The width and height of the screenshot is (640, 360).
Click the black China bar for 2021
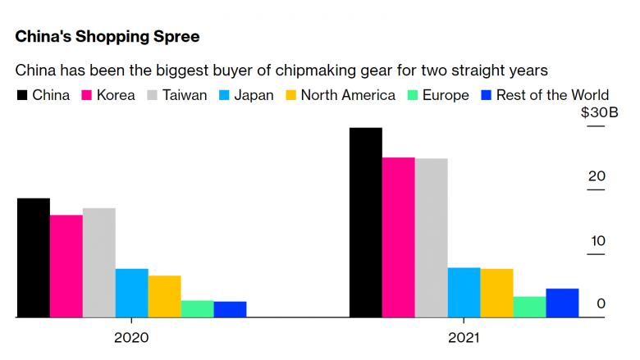pyautogui.click(x=366, y=222)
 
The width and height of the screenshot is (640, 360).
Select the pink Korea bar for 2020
pyautogui.click(x=66, y=267)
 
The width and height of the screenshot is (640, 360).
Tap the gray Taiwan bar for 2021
pyautogui.click(x=432, y=238)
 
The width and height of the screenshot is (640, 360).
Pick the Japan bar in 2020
pyautogui.click(x=132, y=293)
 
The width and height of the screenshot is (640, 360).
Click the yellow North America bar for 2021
pyautogui.click(x=496, y=293)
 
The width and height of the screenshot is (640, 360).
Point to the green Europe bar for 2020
pyautogui.click(x=197, y=309)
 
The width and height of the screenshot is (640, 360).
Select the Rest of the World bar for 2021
pyautogui.click(x=562, y=303)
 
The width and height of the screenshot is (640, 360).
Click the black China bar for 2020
pyautogui.click(x=34, y=258)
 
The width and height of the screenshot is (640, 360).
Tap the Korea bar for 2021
pyautogui.click(x=399, y=237)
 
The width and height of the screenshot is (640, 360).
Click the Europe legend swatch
pyautogui.click(x=413, y=95)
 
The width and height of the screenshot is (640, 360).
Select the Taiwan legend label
pyautogui.click(x=185, y=95)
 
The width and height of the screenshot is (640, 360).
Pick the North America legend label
pyautogui.click(x=348, y=95)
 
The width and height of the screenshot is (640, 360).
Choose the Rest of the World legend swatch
pyautogui.click(x=486, y=95)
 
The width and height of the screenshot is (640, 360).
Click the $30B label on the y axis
pyautogui.click(x=600, y=112)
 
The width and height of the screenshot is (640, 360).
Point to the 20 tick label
pyautogui.click(x=597, y=176)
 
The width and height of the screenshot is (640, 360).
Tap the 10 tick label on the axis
pyautogui.click(x=598, y=241)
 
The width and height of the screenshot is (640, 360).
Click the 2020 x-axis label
pyautogui.click(x=131, y=338)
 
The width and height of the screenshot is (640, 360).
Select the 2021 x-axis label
pyautogui.click(x=464, y=338)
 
